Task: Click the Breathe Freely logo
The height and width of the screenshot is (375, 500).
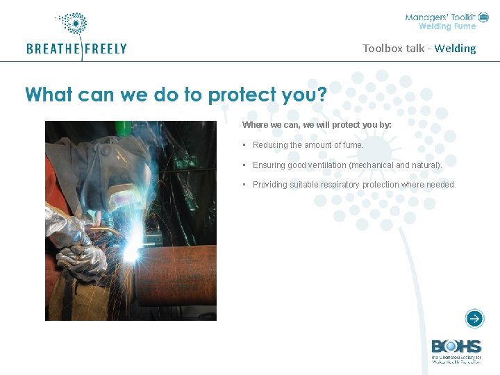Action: tap(76, 38)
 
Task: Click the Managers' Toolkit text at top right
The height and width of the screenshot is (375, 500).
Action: tap(441, 17)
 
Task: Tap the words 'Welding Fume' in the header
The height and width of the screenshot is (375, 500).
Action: tap(447, 26)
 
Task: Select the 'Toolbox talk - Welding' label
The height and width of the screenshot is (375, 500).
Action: tap(419, 49)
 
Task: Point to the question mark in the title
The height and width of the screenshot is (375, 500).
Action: tap(321, 94)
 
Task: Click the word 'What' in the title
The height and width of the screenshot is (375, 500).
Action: tap(49, 94)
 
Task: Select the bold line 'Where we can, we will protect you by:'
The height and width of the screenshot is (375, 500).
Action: tap(317, 125)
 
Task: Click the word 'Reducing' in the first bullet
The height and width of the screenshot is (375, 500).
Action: tap(270, 145)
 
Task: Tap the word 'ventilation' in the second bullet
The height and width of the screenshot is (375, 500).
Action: tap(326, 165)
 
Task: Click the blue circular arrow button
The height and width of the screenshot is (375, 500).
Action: tap(474, 319)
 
